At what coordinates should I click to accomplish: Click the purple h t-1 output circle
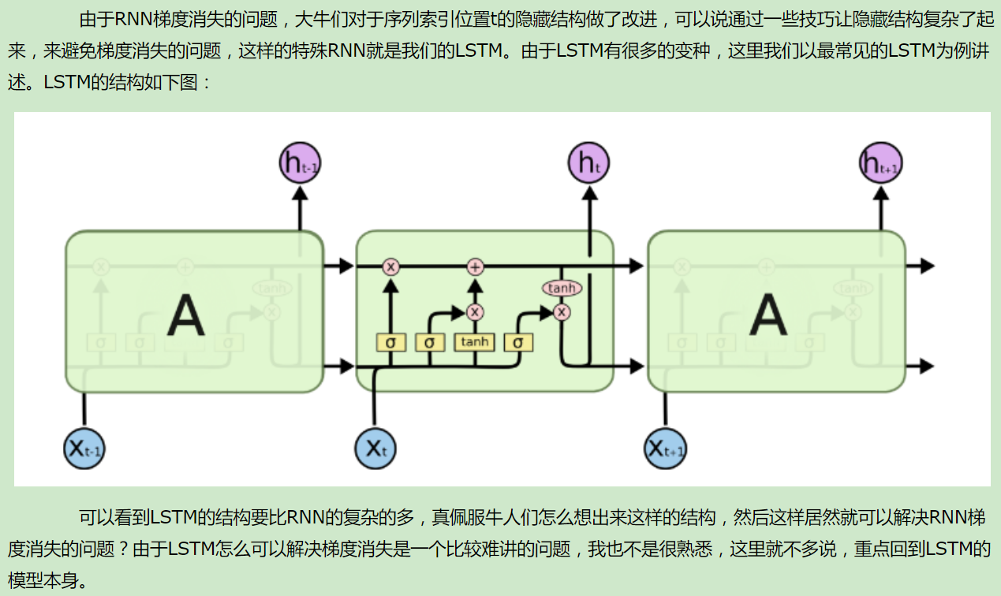[300, 164]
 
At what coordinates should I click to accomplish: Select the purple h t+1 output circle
[880, 164]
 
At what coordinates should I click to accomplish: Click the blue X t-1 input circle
[84, 449]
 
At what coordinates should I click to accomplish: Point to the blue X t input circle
[375, 449]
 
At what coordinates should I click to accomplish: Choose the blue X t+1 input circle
[665, 449]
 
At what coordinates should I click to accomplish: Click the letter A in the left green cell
[186, 315]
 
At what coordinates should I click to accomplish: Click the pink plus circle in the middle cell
[475, 266]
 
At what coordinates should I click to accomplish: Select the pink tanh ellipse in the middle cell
[562, 289]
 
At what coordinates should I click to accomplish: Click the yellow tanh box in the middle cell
[475, 342]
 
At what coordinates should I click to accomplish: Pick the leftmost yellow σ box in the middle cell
[390, 343]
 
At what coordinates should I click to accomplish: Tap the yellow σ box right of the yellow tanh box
[518, 343]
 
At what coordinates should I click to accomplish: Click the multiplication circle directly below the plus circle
[475, 312]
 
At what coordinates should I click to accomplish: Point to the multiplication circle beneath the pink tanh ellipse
[562, 312]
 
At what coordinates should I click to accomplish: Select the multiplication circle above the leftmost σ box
[390, 266]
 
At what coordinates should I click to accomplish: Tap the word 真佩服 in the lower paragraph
[458, 518]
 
